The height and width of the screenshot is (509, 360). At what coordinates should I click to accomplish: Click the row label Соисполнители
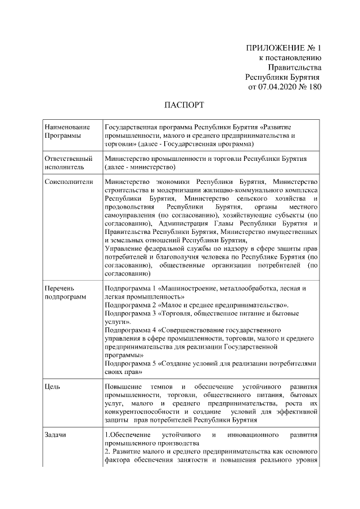tap(68, 182)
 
